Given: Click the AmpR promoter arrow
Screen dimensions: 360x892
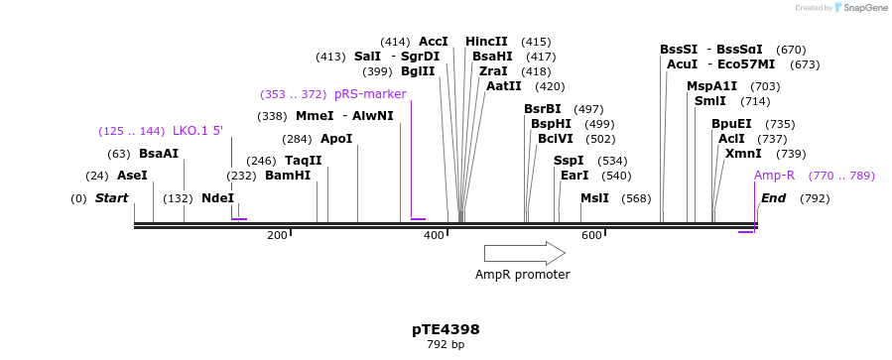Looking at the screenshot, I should [524, 253].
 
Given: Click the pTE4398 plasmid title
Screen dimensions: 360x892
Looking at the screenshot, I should [446, 329].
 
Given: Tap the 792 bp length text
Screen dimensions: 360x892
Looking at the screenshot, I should [446, 345].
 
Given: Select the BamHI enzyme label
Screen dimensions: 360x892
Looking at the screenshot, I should [288, 176].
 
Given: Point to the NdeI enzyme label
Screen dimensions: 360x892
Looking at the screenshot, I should [217, 198].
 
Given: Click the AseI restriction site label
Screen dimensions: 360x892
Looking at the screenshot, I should [132, 176].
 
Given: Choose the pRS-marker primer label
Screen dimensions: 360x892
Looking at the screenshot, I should [370, 94].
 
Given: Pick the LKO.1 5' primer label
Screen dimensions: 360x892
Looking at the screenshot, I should [197, 131].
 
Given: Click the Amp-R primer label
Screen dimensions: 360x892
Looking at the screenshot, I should [774, 176].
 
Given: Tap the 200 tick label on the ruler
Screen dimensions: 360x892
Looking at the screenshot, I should [277, 235].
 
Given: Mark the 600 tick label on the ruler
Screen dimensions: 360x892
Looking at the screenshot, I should [591, 235].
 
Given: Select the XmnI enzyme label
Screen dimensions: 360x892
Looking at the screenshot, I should [743, 154].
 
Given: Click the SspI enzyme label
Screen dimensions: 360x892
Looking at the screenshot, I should [569, 161].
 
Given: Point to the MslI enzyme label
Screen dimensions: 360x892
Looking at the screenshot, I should [594, 198].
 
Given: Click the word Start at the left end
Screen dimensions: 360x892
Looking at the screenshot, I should [111, 198].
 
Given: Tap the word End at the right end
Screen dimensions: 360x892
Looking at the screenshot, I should [773, 198].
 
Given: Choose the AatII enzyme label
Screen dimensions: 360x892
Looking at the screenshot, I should [503, 86].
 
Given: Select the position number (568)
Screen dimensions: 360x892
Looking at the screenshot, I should [636, 198].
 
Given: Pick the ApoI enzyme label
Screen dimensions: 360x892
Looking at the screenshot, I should [336, 139].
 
